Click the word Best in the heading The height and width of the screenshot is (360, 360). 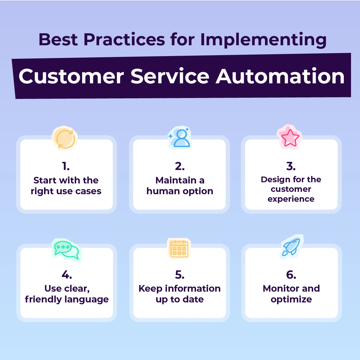pyautogui.click(x=58, y=40)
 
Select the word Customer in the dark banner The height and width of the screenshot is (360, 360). pyautogui.click(x=71, y=76)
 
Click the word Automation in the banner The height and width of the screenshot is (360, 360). pyautogui.click(x=280, y=76)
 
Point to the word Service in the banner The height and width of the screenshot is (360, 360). pyautogui.click(x=170, y=76)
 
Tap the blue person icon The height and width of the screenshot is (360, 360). pyautogui.click(x=180, y=138)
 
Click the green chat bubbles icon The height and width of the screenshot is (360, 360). pyautogui.click(x=66, y=250)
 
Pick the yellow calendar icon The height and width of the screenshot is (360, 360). pyautogui.click(x=179, y=249)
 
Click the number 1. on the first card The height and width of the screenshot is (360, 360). pyautogui.click(x=66, y=166)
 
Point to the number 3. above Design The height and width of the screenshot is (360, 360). pyautogui.click(x=291, y=166)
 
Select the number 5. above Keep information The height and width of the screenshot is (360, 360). pyautogui.click(x=180, y=275)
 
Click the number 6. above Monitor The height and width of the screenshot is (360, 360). pyautogui.click(x=291, y=275)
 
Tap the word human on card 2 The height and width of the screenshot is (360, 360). pyautogui.click(x=162, y=191)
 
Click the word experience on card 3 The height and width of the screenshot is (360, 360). pyautogui.click(x=291, y=199)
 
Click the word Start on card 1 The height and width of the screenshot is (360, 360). pyautogui.click(x=45, y=180)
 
